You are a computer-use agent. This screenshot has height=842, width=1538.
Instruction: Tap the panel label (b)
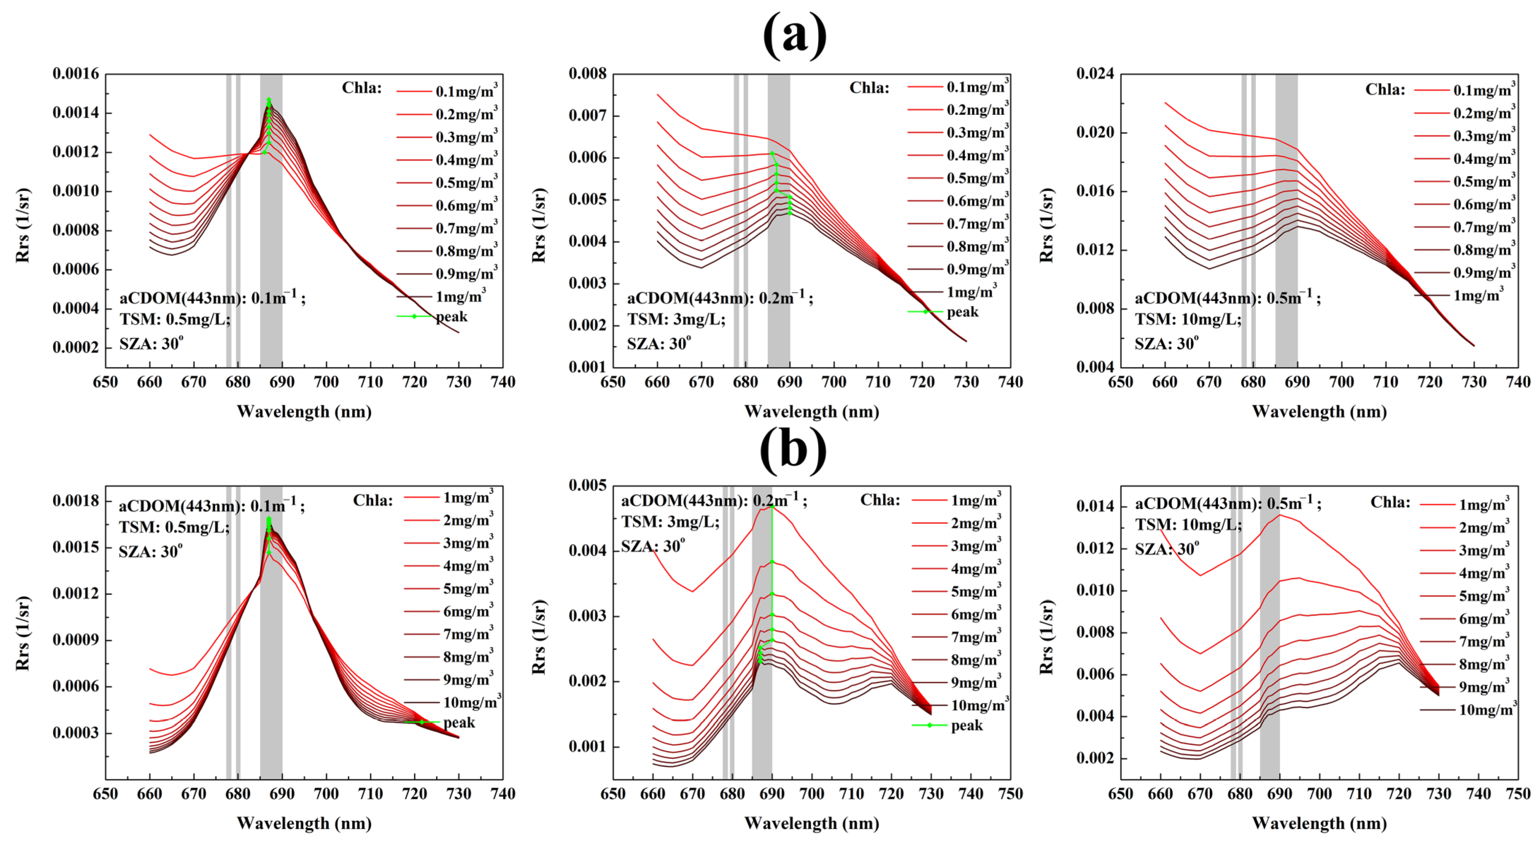pyautogui.click(x=793, y=449)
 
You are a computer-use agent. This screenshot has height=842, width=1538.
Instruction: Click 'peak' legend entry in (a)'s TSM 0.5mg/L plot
pyautogui.click(x=451, y=317)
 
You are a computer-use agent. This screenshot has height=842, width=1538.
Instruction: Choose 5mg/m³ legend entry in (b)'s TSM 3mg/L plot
pyautogui.click(x=976, y=591)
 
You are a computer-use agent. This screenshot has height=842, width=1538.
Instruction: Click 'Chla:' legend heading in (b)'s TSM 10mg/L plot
pyautogui.click(x=1390, y=502)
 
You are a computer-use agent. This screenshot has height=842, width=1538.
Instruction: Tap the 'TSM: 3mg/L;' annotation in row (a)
pyautogui.click(x=676, y=319)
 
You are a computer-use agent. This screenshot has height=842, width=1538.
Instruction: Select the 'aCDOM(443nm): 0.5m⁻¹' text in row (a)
pyautogui.click(x=1227, y=298)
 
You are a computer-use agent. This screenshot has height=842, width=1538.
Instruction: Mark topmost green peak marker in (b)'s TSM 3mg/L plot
pyautogui.click(x=772, y=506)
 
